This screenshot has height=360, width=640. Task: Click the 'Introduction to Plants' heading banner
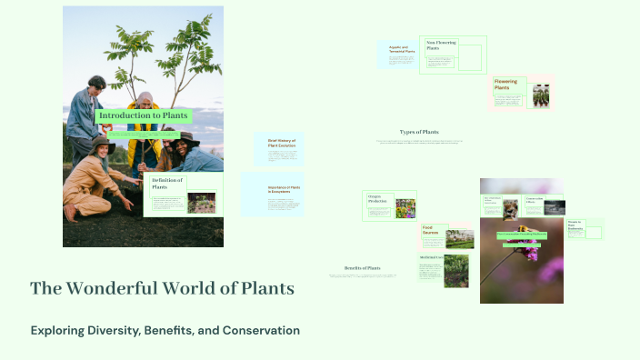click(x=143, y=116)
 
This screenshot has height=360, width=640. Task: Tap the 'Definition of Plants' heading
click(x=167, y=184)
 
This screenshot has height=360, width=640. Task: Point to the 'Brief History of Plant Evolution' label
click(x=283, y=144)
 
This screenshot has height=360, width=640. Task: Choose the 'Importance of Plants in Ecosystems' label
click(x=284, y=189)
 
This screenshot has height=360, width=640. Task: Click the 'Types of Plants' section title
click(x=419, y=132)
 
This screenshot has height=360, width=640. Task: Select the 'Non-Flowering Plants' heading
click(x=442, y=45)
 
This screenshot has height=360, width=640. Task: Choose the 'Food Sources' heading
click(x=432, y=229)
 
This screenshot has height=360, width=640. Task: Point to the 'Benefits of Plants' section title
click(x=363, y=268)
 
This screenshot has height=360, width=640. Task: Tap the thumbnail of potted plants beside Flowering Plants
click(x=541, y=96)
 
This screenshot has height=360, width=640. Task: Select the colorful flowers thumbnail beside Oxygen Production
click(x=405, y=208)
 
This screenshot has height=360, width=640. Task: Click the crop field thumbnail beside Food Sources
click(x=459, y=238)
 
